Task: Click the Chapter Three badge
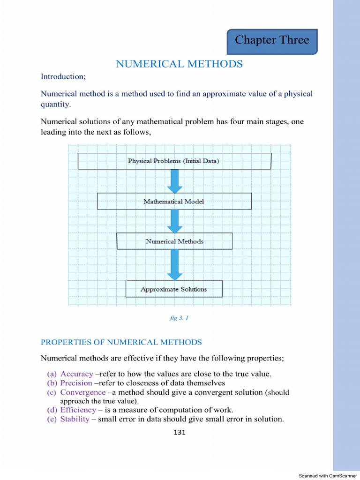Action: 272,41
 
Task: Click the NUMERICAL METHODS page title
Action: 179,64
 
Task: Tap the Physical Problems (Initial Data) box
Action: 174,161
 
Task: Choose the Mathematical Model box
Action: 174,202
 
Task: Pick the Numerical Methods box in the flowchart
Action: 174,241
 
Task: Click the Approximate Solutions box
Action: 174,289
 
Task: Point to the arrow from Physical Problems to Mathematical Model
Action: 174,181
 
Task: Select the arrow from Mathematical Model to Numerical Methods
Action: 174,221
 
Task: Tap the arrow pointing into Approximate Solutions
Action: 174,264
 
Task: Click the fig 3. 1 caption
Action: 179,318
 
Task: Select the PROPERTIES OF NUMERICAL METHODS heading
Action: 121,343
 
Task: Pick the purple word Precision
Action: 76,383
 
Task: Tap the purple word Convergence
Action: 83,392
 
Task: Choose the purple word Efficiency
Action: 78,410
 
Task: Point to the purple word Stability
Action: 75,419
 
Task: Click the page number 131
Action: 180,432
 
